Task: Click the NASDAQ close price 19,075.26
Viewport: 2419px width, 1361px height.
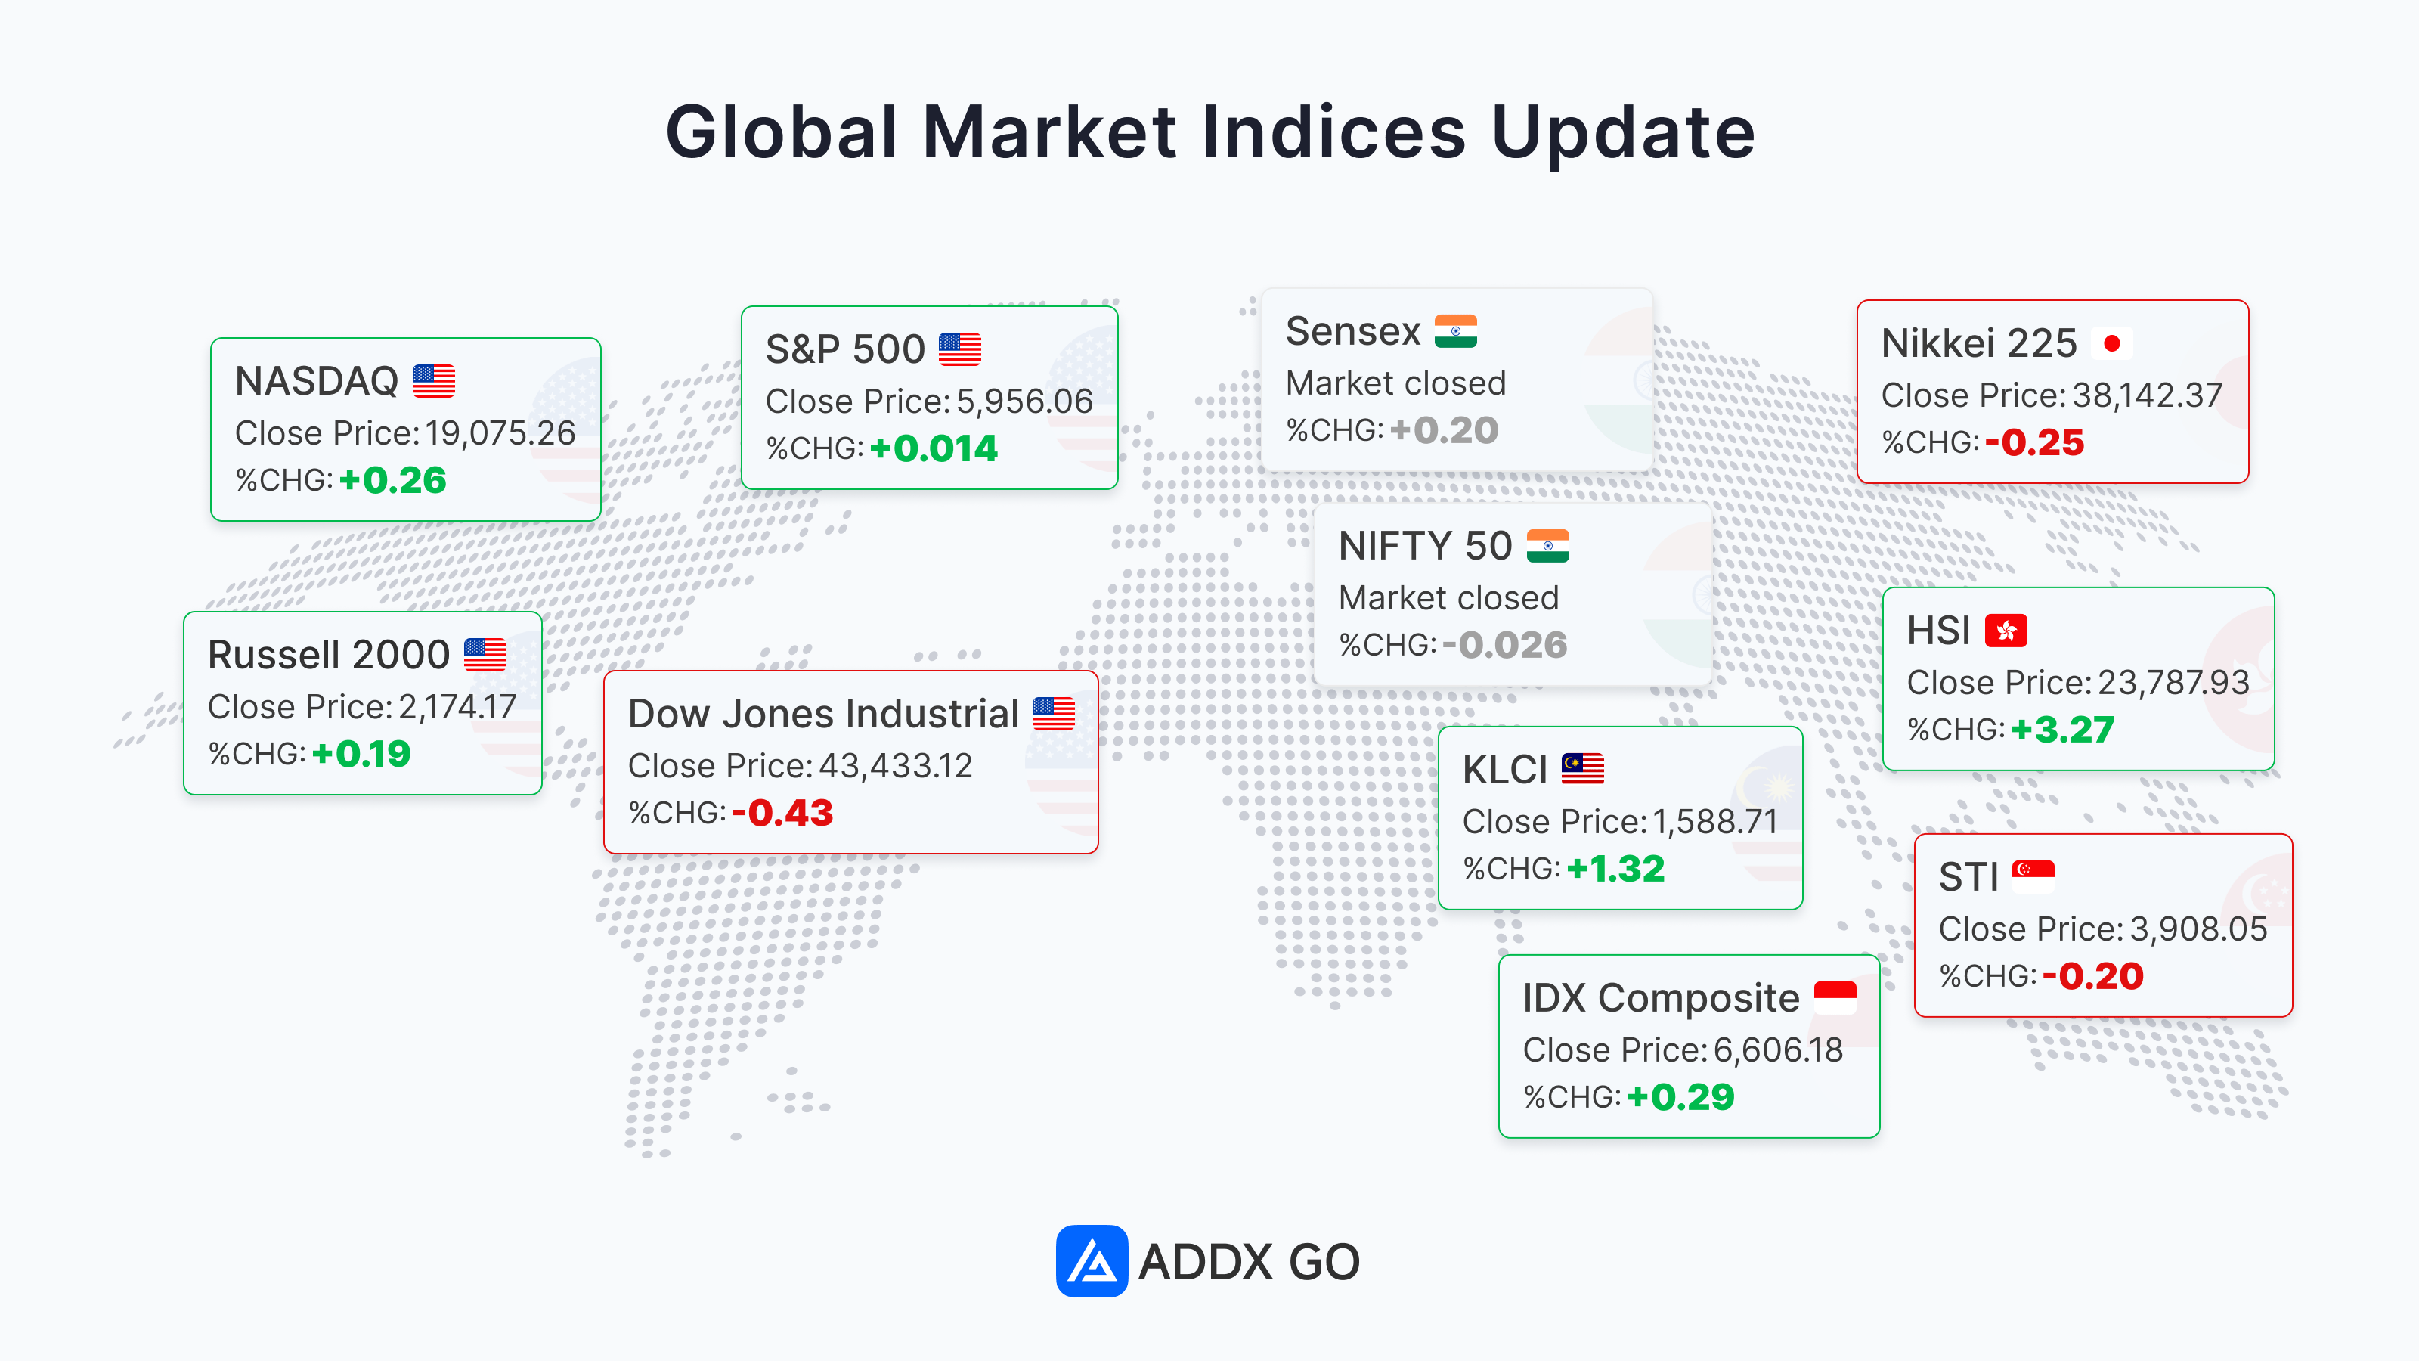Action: tap(500, 433)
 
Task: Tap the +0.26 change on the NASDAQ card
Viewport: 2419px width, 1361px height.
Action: tap(392, 480)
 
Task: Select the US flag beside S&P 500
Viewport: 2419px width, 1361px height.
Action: tap(960, 349)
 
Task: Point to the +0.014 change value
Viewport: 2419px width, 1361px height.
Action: tap(934, 448)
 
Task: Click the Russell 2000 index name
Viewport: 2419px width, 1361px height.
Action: tap(329, 655)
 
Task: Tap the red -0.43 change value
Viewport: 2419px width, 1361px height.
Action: tap(782, 813)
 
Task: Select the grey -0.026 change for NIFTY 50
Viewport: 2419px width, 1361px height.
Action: tap(1505, 644)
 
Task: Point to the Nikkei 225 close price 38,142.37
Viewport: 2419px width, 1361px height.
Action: tap(2147, 395)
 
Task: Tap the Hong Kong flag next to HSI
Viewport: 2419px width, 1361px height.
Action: tap(2006, 631)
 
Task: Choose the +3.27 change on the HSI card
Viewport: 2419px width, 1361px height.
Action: tap(2062, 729)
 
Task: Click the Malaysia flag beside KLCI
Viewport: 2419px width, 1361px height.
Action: tap(1582, 769)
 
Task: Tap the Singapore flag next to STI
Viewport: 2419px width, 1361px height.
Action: tap(2033, 876)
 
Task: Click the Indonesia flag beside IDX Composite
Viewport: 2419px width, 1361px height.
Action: tap(1835, 997)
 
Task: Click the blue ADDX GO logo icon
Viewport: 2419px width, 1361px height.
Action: tap(1091, 1260)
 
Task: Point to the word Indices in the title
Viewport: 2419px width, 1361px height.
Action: tap(1333, 132)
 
